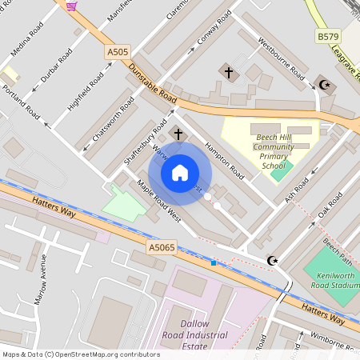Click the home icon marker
[180, 173]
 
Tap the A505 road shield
[118, 52]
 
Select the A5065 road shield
[161, 248]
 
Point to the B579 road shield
[327, 37]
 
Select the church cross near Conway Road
[229, 73]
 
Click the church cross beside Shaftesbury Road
[178, 134]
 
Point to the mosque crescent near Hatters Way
[273, 260]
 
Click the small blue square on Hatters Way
[214, 262]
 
